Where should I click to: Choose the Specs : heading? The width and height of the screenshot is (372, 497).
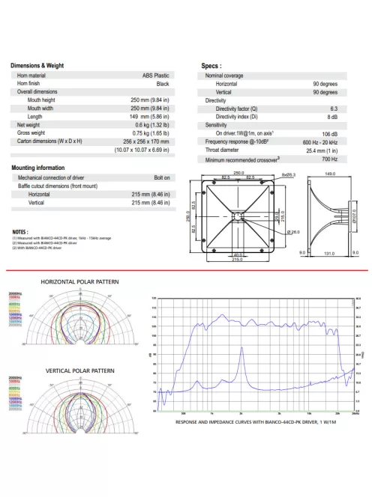tap(211, 66)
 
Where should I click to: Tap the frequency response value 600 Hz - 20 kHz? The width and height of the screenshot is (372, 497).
tap(320, 141)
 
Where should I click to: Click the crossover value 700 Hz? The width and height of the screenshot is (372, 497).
tap(329, 159)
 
